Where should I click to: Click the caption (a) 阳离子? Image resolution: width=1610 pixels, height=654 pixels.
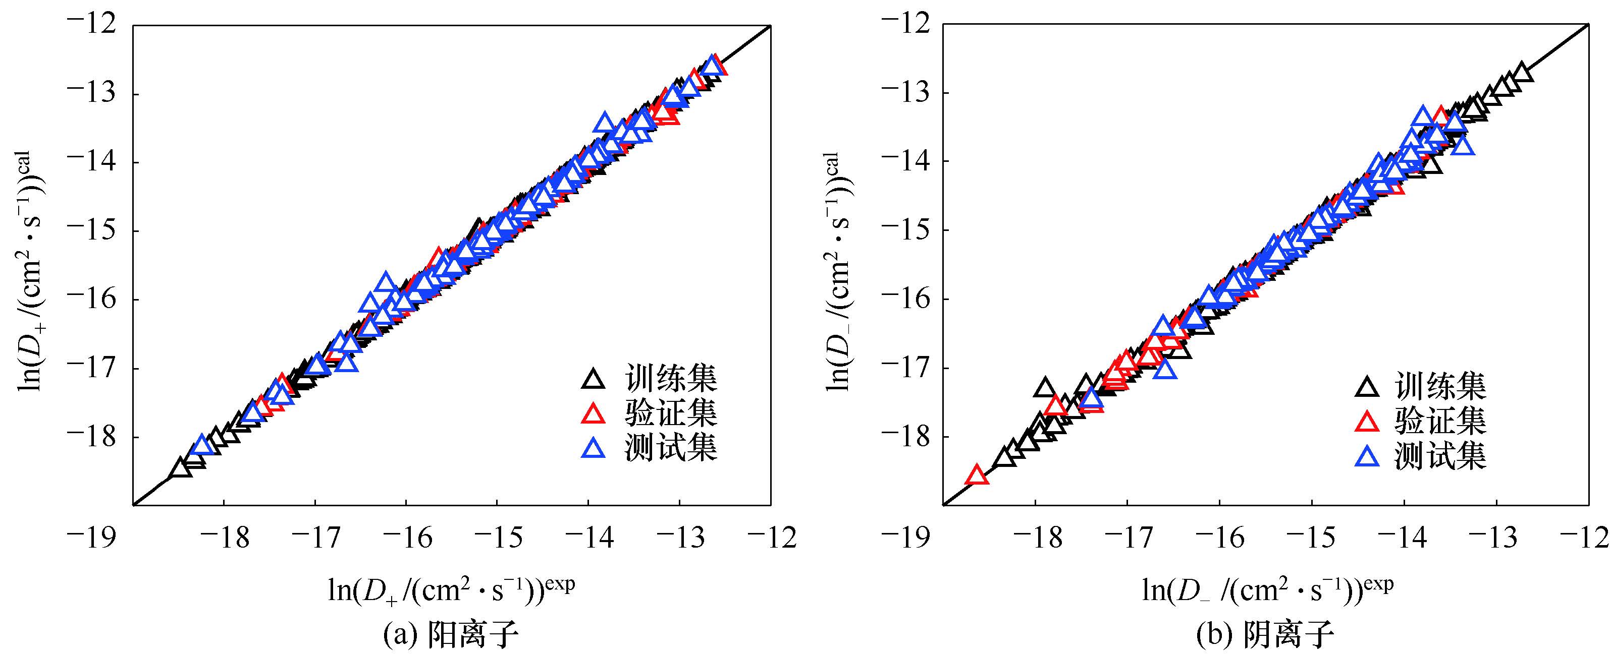click(x=451, y=635)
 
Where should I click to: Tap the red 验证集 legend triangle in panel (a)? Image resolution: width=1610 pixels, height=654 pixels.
click(x=593, y=413)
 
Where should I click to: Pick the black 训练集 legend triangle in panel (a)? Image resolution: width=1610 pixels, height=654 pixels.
click(x=593, y=379)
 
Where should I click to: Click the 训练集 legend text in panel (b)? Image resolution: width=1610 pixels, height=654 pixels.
click(x=1440, y=387)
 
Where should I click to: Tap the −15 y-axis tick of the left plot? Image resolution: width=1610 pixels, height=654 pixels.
click(x=92, y=230)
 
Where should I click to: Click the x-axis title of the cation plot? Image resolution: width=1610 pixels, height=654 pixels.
click(x=451, y=589)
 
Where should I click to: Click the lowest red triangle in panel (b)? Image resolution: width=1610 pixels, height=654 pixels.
click(x=977, y=475)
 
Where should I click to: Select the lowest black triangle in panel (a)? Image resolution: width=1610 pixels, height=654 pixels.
click(x=181, y=468)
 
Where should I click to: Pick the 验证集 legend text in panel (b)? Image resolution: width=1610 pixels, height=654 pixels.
click(x=1440, y=422)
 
